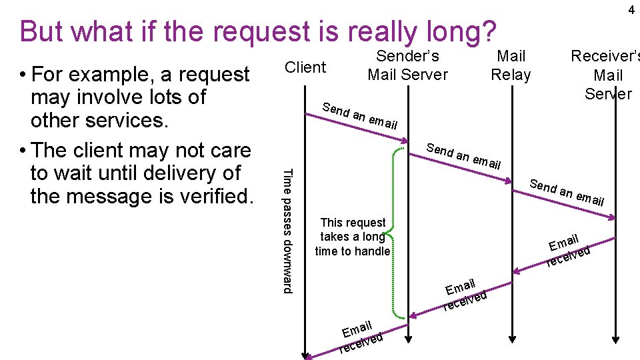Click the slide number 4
pos(630,10)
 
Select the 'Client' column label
pos(305,67)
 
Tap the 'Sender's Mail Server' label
pos(407,65)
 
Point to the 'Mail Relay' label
pos(511,65)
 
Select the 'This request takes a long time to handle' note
pos(353,237)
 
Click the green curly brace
pos(397,230)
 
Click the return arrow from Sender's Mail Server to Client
pos(357,339)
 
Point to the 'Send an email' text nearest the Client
pos(359,115)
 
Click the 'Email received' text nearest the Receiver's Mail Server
pos(567,250)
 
